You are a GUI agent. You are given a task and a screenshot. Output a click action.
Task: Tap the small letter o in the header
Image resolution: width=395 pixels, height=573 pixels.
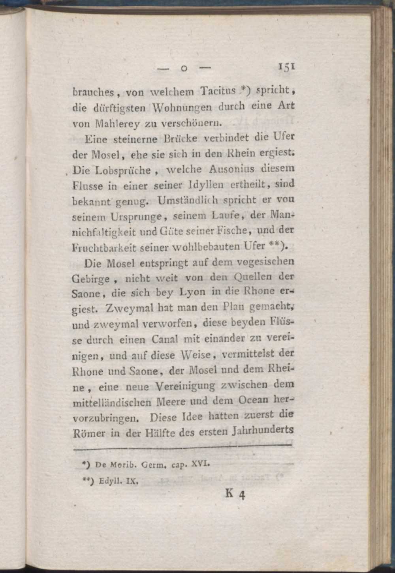click(183, 69)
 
